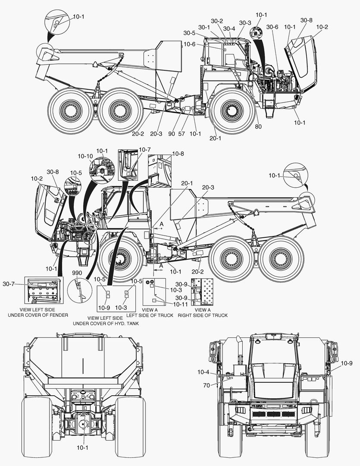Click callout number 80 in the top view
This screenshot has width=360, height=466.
(258, 126)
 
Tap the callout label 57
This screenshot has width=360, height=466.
(182, 134)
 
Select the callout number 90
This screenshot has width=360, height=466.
(172, 134)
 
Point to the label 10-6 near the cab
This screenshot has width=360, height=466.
(189, 44)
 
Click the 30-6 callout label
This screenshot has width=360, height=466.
(272, 27)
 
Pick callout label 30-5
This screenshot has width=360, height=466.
(189, 33)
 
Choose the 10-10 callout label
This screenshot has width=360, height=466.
(85, 156)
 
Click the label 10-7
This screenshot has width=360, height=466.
(145, 149)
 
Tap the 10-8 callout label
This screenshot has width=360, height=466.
(178, 154)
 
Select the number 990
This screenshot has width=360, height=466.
(77, 273)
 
